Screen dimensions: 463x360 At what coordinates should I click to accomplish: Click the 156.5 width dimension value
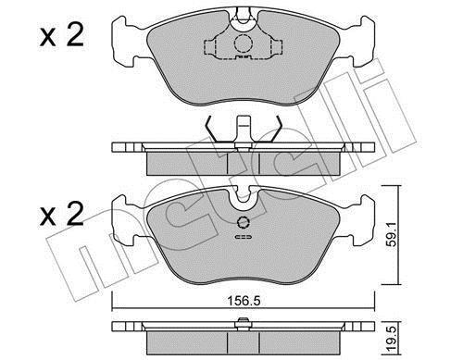coord(244,301)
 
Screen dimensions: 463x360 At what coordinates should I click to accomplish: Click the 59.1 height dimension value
coord(392,235)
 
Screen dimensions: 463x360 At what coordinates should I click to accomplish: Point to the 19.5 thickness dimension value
coord(392,339)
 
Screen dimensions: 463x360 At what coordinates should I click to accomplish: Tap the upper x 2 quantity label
coord(62,35)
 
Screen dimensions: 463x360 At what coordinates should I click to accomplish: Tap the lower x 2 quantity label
coord(62,214)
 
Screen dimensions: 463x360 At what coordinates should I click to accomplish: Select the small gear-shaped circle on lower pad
coord(244,222)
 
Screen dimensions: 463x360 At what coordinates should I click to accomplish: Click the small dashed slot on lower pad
coord(244,237)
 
